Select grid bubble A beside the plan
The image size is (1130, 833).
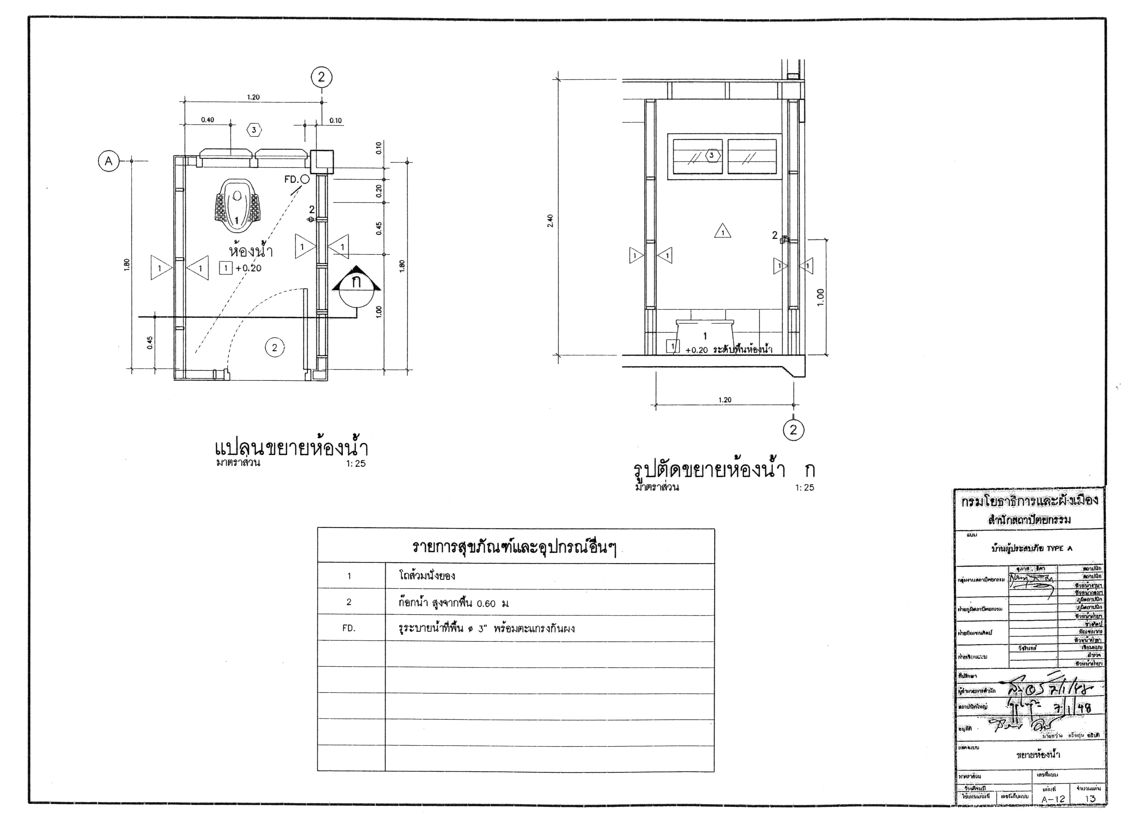click(x=108, y=161)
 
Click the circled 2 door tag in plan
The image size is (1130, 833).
click(x=275, y=347)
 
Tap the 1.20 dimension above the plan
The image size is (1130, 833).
click(x=253, y=97)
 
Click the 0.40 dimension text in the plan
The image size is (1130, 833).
click(x=207, y=120)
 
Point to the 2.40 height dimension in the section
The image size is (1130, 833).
click(x=550, y=221)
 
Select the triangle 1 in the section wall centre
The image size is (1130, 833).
click(x=723, y=231)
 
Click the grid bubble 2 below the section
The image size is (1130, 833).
click(x=794, y=430)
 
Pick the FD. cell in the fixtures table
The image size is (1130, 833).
click(x=349, y=628)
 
